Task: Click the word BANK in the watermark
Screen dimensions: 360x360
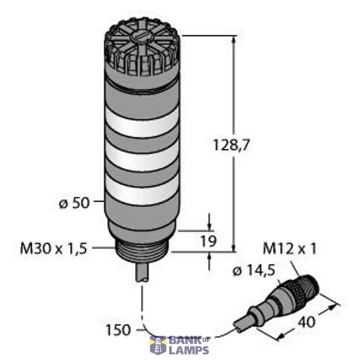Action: click(180, 340)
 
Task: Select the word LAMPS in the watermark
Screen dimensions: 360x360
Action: click(188, 349)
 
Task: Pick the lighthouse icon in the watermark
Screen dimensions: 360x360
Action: click(158, 346)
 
